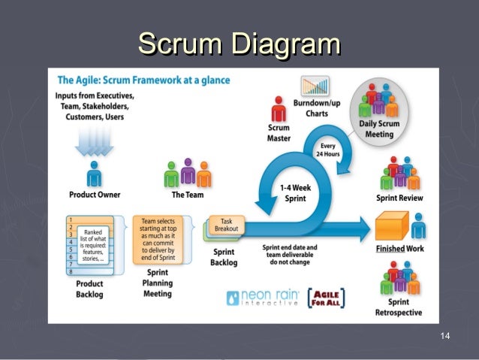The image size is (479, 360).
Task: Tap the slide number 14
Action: (x=445, y=334)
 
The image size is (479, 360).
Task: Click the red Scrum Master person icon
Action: (x=279, y=110)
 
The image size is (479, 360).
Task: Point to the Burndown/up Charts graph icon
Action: (x=316, y=88)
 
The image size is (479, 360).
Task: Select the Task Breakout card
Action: (x=225, y=224)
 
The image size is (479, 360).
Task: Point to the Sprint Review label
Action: (x=399, y=198)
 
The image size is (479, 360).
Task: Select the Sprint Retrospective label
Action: (x=399, y=307)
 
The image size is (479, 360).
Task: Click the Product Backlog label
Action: (x=89, y=289)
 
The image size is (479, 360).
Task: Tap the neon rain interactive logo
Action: (x=261, y=298)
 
